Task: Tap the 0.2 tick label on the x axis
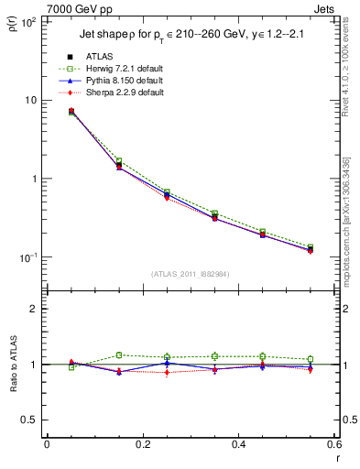click(x=142, y=444)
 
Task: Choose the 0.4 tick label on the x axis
click(x=238, y=444)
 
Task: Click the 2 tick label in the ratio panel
click(x=32, y=310)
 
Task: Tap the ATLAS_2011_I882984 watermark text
click(x=191, y=274)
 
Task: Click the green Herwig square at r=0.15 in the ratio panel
click(x=118, y=354)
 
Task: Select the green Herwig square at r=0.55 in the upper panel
click(x=310, y=247)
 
